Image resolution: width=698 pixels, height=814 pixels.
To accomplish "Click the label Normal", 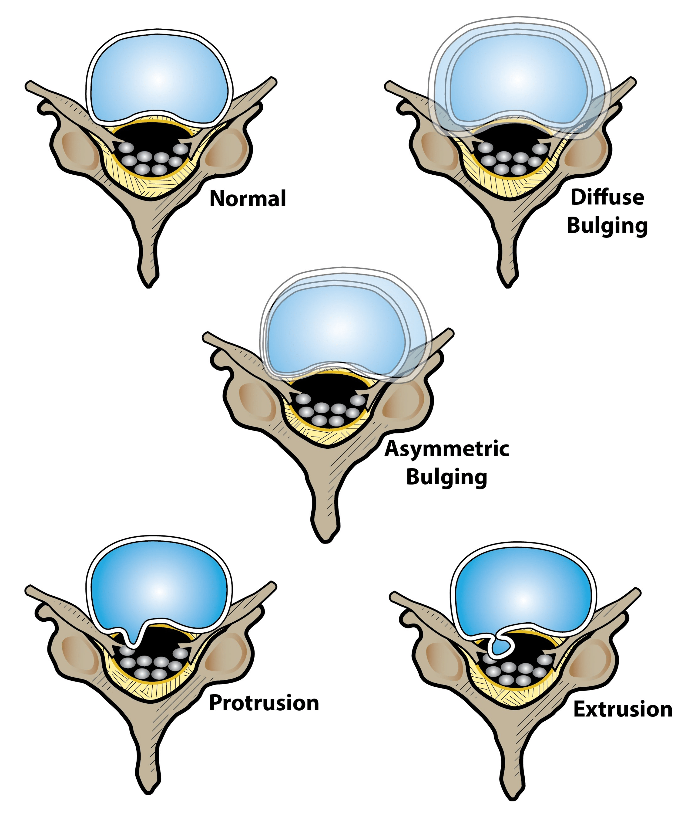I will (x=248, y=199).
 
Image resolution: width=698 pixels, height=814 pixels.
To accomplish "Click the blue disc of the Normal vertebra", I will (x=158, y=78).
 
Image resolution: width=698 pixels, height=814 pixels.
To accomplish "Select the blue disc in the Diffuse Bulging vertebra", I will (x=517, y=78).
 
